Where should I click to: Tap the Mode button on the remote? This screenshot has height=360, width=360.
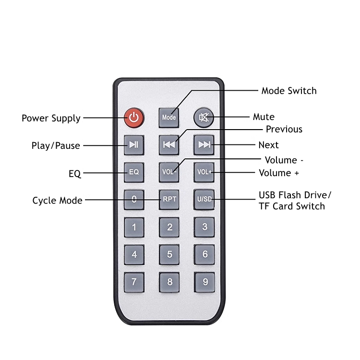point(169,117)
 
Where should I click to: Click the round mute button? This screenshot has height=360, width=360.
point(204,117)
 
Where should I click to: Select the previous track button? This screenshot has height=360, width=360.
point(169,144)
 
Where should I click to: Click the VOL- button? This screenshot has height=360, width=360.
point(169,172)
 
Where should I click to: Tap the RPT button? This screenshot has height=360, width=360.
point(169,199)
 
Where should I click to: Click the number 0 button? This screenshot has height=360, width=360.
point(134,199)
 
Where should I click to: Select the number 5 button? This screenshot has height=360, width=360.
point(169,254)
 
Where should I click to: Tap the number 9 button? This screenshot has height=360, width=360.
point(204,282)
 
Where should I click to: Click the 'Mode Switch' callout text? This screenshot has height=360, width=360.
point(289,91)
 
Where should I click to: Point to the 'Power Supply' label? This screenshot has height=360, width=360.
point(51,118)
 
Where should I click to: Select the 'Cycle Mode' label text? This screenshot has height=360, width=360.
point(57,200)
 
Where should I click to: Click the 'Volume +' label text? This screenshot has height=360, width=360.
point(282,173)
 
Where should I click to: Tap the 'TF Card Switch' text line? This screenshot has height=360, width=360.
point(292,206)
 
